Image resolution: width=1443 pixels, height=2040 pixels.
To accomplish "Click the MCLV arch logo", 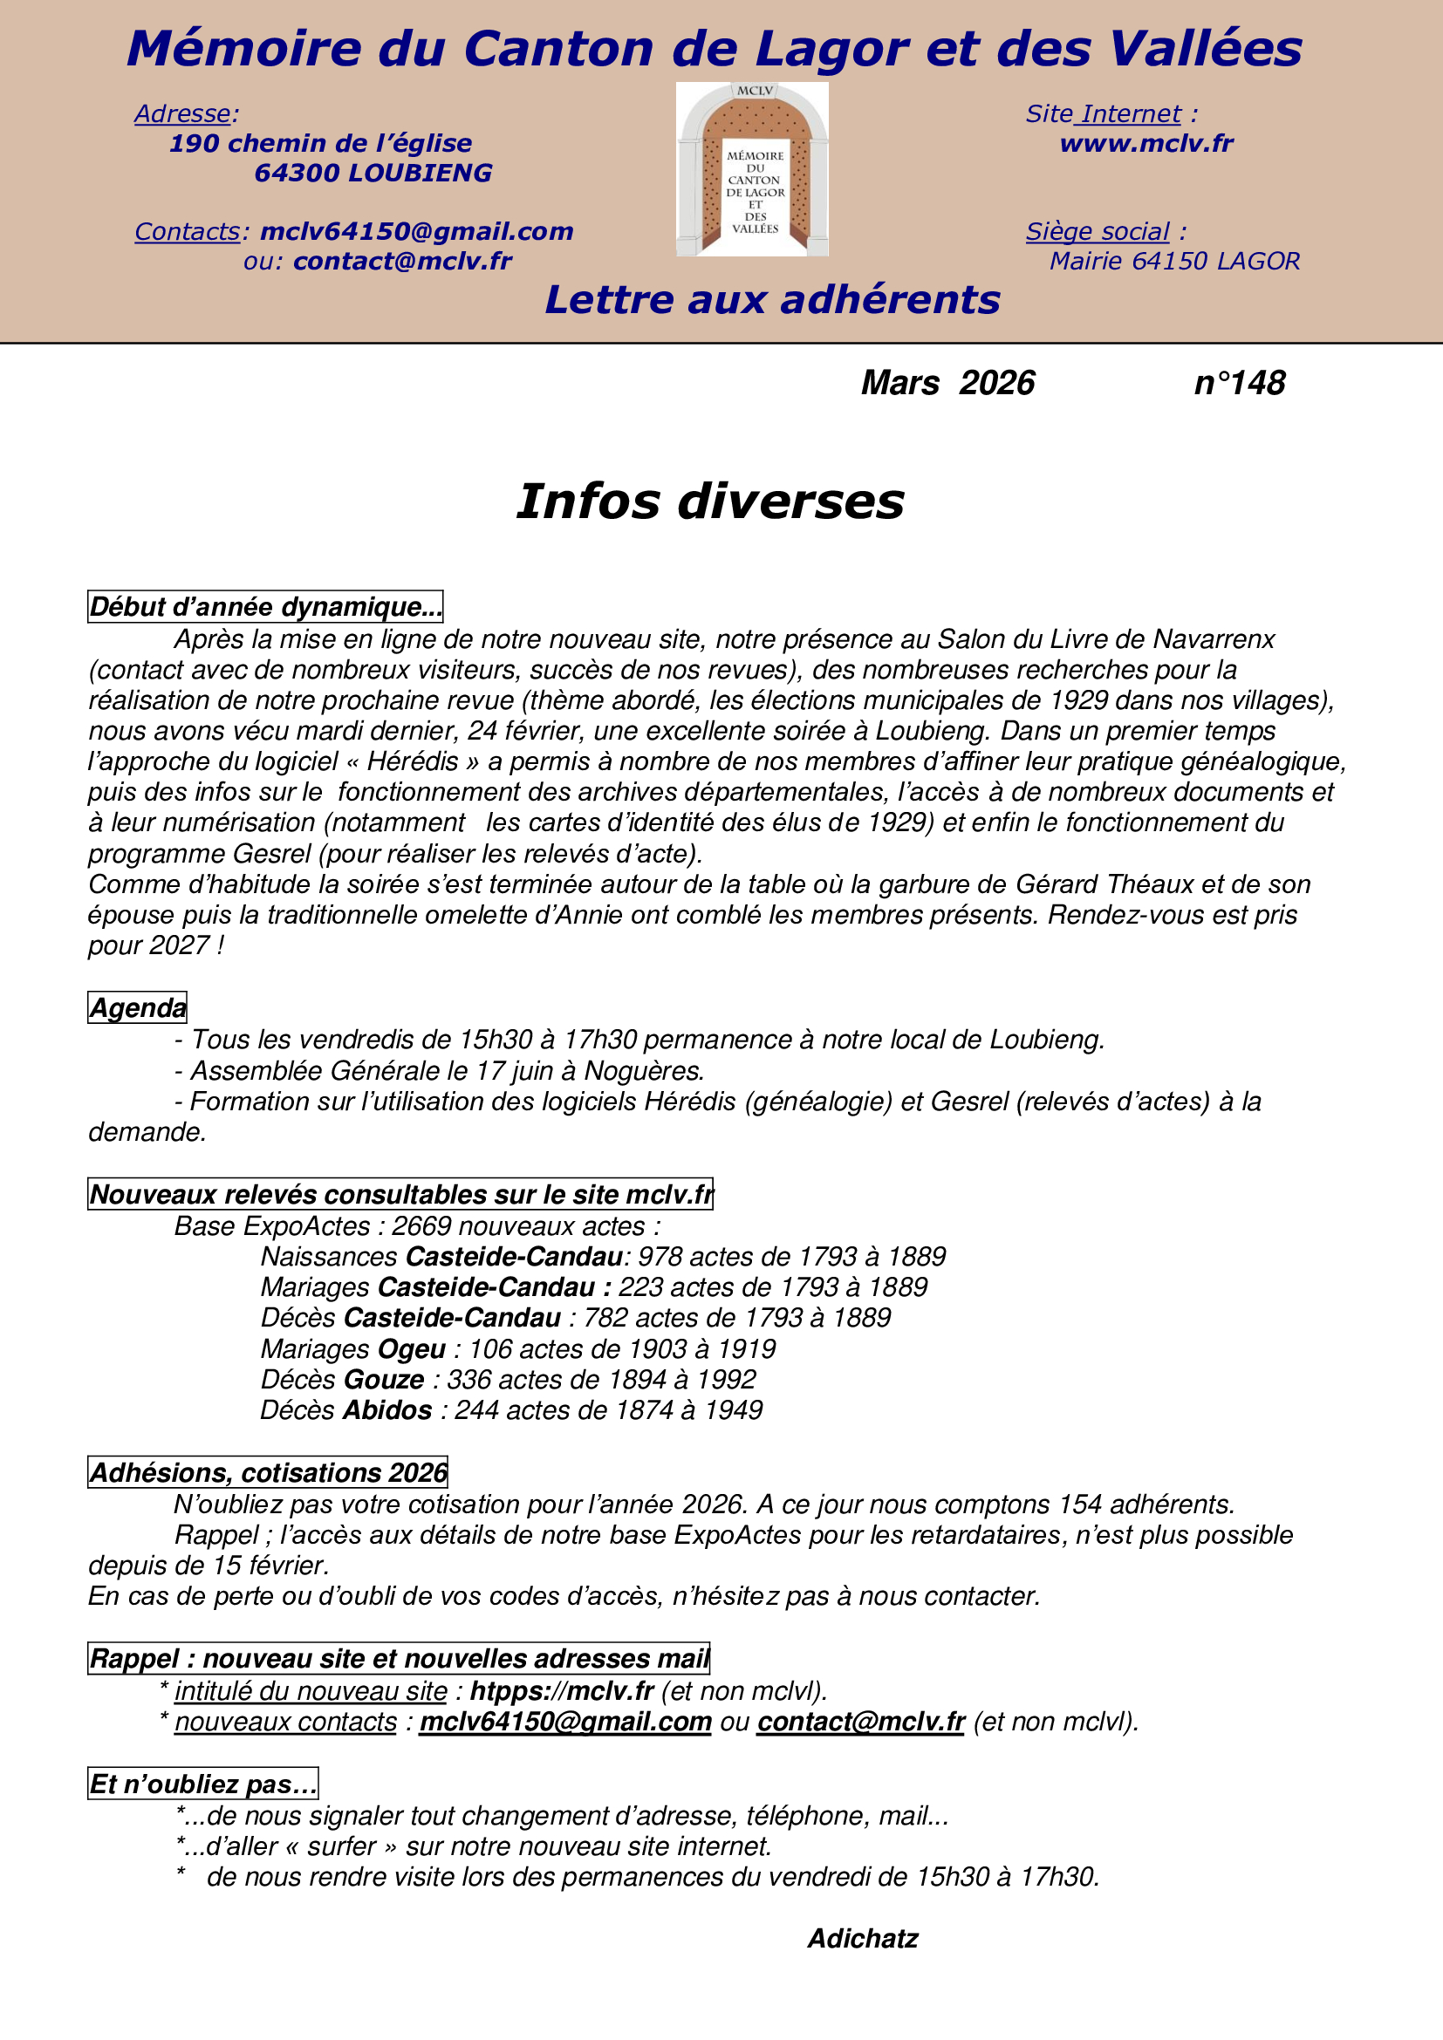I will pyautogui.click(x=752, y=170).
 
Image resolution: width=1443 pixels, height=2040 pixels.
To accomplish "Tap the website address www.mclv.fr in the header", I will pyautogui.click(x=1146, y=143).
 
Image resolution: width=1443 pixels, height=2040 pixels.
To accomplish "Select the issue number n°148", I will pyautogui.click(x=1240, y=383).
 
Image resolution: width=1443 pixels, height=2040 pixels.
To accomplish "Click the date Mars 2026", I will pyautogui.click(x=947, y=383).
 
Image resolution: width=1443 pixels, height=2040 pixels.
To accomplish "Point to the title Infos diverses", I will pyautogui.click(x=710, y=501).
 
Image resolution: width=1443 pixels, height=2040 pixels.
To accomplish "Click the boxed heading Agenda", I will pyautogui.click(x=138, y=1007).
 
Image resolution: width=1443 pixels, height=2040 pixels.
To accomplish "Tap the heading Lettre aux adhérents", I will pyautogui.click(x=772, y=300).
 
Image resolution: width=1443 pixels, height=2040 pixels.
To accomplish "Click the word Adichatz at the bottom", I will pyautogui.click(x=862, y=1939).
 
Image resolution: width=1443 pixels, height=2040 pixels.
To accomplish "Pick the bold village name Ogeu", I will pyautogui.click(x=412, y=1348).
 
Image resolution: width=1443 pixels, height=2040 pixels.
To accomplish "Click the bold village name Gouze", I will pyautogui.click(x=384, y=1380).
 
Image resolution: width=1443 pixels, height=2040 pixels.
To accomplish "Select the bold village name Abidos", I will pyautogui.click(x=387, y=1410).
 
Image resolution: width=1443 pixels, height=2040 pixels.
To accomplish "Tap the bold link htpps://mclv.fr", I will pyautogui.click(x=562, y=1691).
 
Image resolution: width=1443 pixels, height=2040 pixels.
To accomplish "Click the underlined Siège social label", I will pyautogui.click(x=1098, y=232).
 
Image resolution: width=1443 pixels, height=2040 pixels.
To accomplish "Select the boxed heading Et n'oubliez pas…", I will pyautogui.click(x=202, y=1784).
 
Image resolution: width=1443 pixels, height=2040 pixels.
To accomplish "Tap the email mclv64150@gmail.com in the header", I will pyautogui.click(x=417, y=232).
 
